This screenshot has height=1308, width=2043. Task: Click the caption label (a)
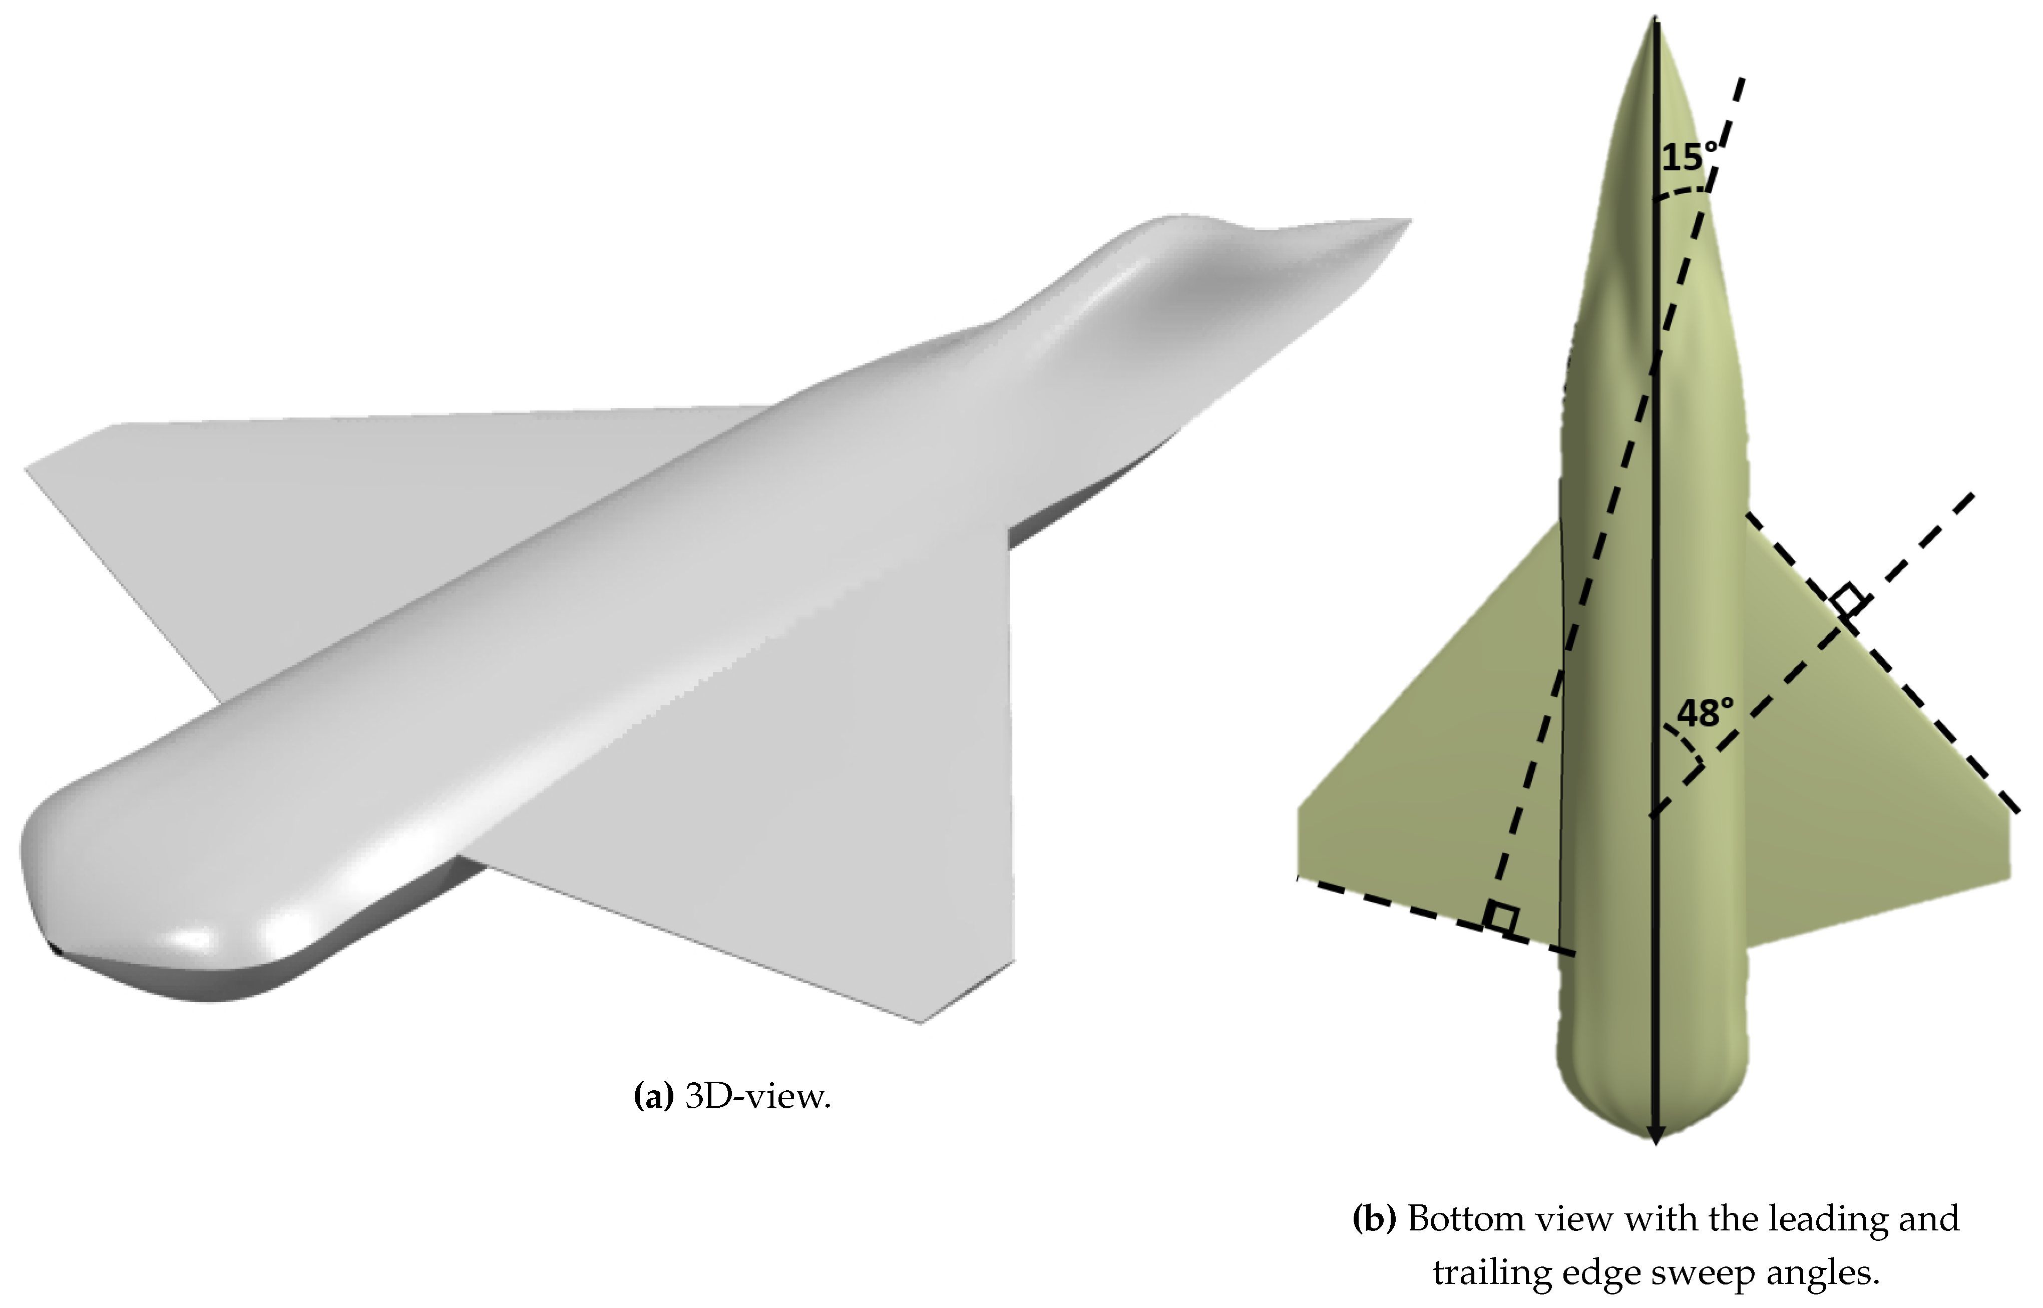653,1097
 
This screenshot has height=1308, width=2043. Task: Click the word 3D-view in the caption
757,1097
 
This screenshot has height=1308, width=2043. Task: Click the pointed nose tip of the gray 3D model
1410,221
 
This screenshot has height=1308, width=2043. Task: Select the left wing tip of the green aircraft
1300,841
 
